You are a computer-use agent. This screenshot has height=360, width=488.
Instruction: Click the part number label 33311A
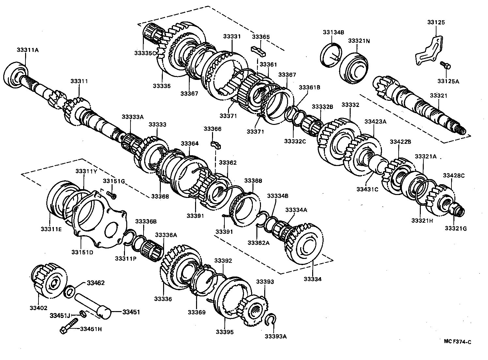click(x=27, y=50)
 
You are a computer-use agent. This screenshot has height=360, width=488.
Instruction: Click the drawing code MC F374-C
click(x=457, y=341)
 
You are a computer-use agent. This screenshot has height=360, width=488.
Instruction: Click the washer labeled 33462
click(x=69, y=291)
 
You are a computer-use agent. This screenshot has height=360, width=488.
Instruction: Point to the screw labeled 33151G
click(x=111, y=195)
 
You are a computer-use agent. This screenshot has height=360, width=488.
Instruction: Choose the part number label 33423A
click(x=375, y=121)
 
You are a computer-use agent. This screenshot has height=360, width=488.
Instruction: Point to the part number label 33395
click(x=224, y=332)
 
